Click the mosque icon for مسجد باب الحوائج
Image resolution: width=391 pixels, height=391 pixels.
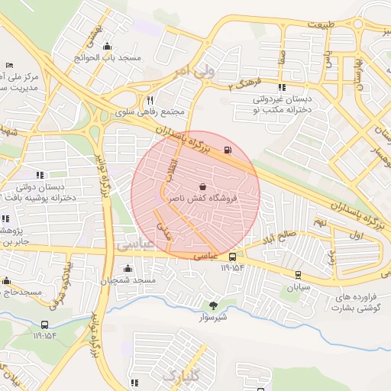point(106,46)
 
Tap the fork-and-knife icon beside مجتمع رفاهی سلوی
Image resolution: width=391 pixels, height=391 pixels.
point(150,100)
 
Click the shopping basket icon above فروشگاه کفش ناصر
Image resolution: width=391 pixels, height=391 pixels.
point(202,186)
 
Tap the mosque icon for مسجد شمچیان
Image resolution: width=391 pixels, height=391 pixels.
point(128,269)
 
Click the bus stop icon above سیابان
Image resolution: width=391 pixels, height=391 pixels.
point(297,276)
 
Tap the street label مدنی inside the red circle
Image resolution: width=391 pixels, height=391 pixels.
point(164,228)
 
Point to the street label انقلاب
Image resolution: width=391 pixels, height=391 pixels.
point(172,169)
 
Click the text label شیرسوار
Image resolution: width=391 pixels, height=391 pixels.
point(214,317)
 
